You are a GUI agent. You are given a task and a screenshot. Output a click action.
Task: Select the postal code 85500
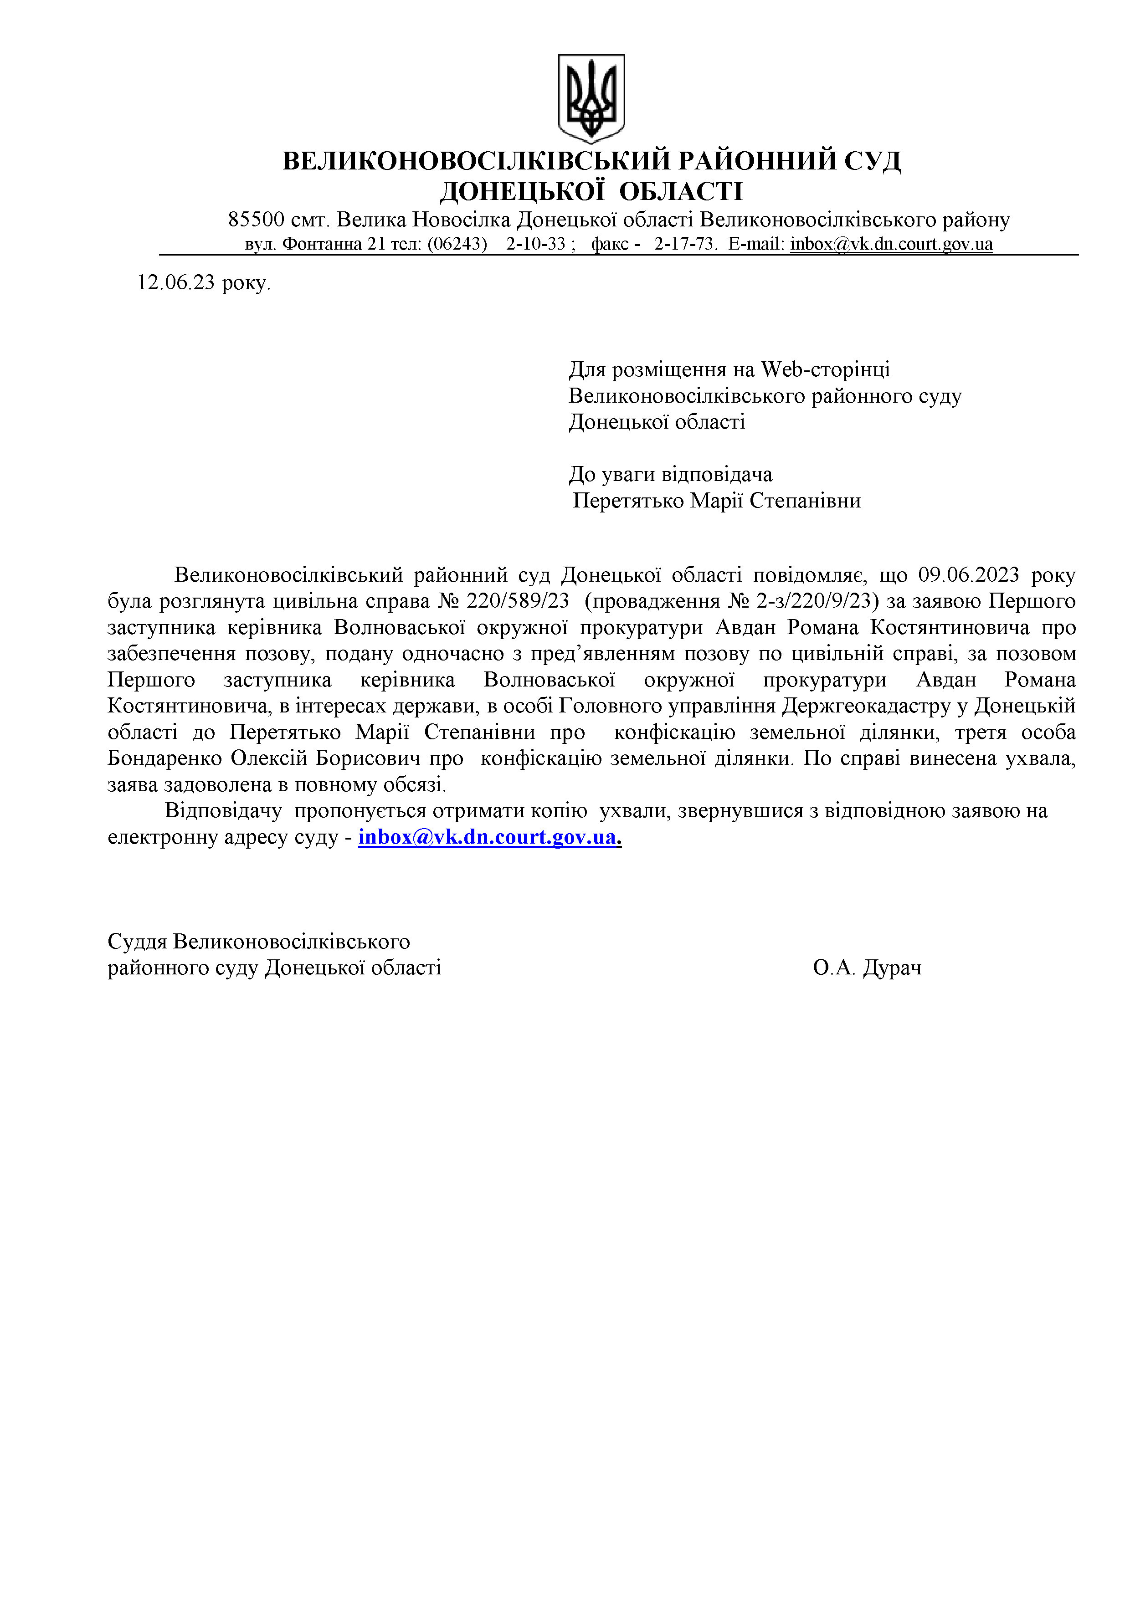click(x=256, y=220)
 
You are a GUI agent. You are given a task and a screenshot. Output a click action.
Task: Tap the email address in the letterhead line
click(x=891, y=244)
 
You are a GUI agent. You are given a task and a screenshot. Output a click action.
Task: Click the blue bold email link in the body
click(x=488, y=837)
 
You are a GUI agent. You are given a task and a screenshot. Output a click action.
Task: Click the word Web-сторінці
click(x=825, y=369)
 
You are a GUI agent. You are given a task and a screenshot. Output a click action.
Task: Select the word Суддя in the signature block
click(x=137, y=942)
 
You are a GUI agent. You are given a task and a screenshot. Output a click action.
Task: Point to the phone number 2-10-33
click(x=535, y=244)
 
